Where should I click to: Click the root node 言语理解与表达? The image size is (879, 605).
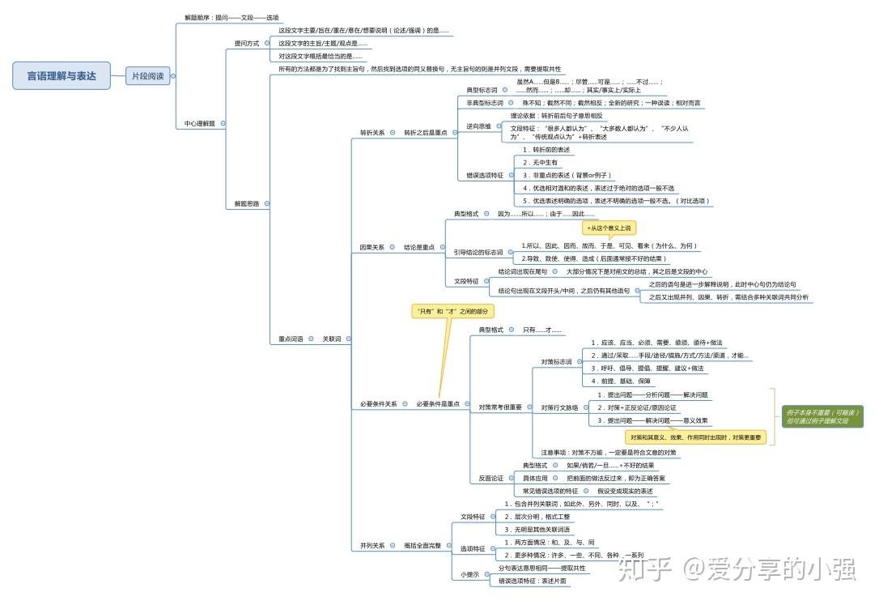62,76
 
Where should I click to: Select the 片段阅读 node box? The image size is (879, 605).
148,76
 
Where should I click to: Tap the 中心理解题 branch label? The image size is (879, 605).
199,123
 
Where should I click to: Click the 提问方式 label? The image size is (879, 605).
247,43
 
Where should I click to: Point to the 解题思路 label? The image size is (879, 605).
247,203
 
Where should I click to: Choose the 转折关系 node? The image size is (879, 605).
372,132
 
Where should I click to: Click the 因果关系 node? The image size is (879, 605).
372,247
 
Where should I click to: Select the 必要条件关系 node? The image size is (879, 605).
379,403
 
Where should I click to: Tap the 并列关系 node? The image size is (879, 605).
372,545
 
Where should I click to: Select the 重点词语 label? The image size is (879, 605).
291,339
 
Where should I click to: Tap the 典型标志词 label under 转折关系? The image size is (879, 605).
482,90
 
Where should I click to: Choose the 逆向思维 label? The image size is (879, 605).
478,126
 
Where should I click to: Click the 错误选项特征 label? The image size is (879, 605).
485,175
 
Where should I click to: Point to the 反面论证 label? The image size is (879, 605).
490,478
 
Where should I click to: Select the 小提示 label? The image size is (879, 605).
470,574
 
